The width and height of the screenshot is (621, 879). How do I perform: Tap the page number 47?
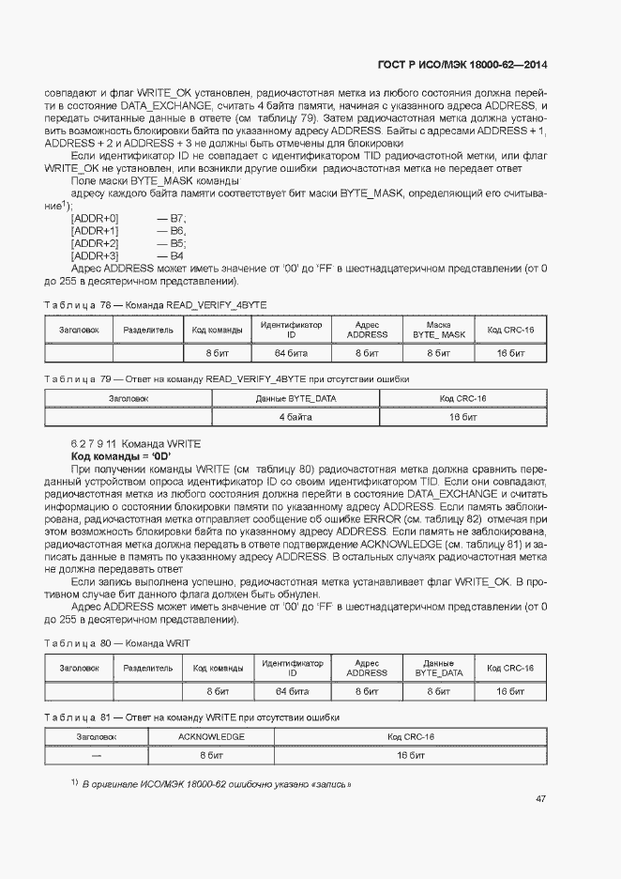coord(540,798)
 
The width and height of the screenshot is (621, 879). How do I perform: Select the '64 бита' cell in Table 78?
coord(292,353)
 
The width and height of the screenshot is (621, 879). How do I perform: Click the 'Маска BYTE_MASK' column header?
coord(439,330)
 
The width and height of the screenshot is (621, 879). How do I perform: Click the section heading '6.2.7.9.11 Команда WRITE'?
coord(135,443)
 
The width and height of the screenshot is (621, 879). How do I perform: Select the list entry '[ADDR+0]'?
coord(95,218)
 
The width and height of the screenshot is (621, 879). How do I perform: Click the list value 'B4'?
coord(176,255)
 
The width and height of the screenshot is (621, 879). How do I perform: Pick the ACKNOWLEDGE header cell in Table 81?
coord(211,737)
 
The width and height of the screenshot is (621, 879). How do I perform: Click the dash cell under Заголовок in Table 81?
coord(97,754)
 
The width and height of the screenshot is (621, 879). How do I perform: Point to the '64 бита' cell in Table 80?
coord(292,691)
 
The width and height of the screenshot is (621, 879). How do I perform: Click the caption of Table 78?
coord(156,306)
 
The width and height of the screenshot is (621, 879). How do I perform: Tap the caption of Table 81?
coord(191,717)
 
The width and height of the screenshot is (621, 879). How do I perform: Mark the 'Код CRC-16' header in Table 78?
coord(510,330)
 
